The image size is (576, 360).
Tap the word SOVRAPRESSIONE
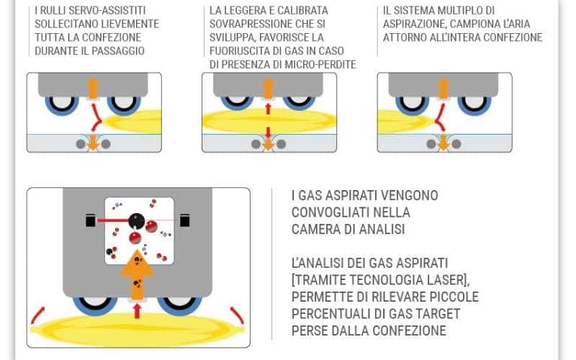tap(254, 24)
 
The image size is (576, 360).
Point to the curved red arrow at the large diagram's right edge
tap(237, 314)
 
